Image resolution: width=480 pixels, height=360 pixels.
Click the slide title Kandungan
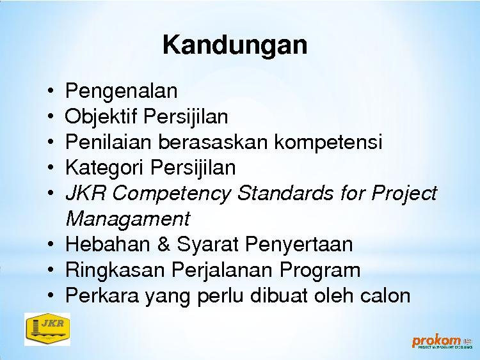[x=235, y=45]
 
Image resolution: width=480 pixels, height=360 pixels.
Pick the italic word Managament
[x=128, y=219]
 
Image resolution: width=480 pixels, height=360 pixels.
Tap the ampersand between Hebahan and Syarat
[x=164, y=244]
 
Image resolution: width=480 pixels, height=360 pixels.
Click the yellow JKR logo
[x=47, y=329]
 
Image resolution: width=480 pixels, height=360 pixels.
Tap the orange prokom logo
[x=442, y=342]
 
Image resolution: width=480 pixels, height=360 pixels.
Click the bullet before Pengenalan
[x=51, y=91]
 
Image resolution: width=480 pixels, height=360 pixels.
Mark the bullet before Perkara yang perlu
[x=51, y=295]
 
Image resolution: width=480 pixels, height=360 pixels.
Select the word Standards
[x=285, y=193]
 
